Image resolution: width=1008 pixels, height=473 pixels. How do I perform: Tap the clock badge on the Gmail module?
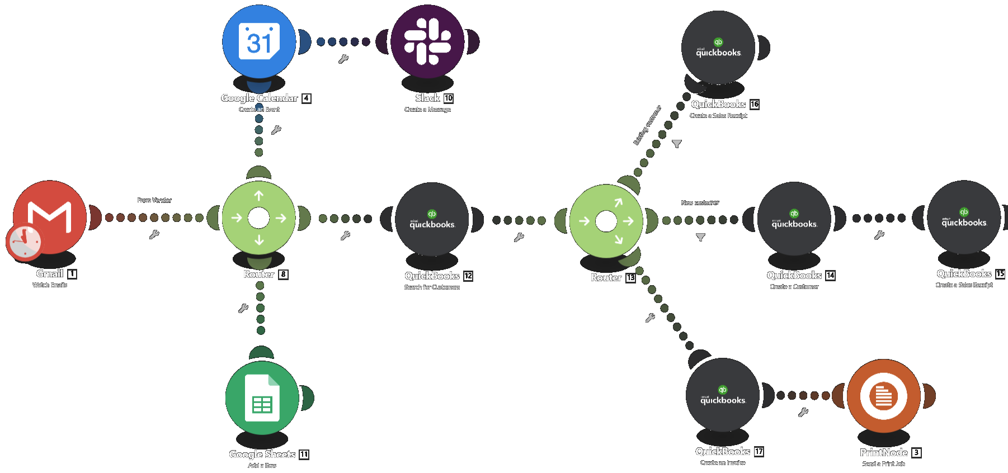[23, 243]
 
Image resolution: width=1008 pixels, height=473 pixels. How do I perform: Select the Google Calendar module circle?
[259, 41]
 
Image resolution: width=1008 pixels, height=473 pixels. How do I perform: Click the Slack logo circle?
[427, 41]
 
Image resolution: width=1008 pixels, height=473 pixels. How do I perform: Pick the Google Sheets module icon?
[262, 398]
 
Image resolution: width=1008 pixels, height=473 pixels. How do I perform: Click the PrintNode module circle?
[883, 396]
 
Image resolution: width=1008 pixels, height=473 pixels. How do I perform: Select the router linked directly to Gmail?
[258, 218]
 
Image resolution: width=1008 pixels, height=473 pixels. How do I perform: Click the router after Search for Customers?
[606, 221]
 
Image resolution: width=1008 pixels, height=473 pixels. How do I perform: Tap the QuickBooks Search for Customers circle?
[432, 219]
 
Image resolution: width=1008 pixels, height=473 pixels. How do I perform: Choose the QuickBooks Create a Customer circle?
[794, 219]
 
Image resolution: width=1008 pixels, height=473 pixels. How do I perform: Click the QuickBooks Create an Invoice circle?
[722, 395]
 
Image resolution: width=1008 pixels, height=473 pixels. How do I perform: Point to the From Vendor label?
[154, 200]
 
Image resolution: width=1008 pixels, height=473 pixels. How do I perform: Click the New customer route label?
[700, 203]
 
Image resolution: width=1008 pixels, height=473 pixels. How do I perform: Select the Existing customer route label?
[647, 125]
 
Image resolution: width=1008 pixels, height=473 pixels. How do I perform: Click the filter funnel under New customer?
[700, 237]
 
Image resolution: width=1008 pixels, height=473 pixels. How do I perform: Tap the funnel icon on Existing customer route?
[676, 144]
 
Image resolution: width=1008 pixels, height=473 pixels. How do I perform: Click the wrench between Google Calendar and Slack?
[343, 59]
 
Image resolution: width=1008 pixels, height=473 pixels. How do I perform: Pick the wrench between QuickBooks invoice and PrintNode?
[803, 413]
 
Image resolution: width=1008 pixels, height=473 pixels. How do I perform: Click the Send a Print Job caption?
[883, 464]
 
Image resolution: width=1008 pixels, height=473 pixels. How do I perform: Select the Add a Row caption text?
[262, 466]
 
